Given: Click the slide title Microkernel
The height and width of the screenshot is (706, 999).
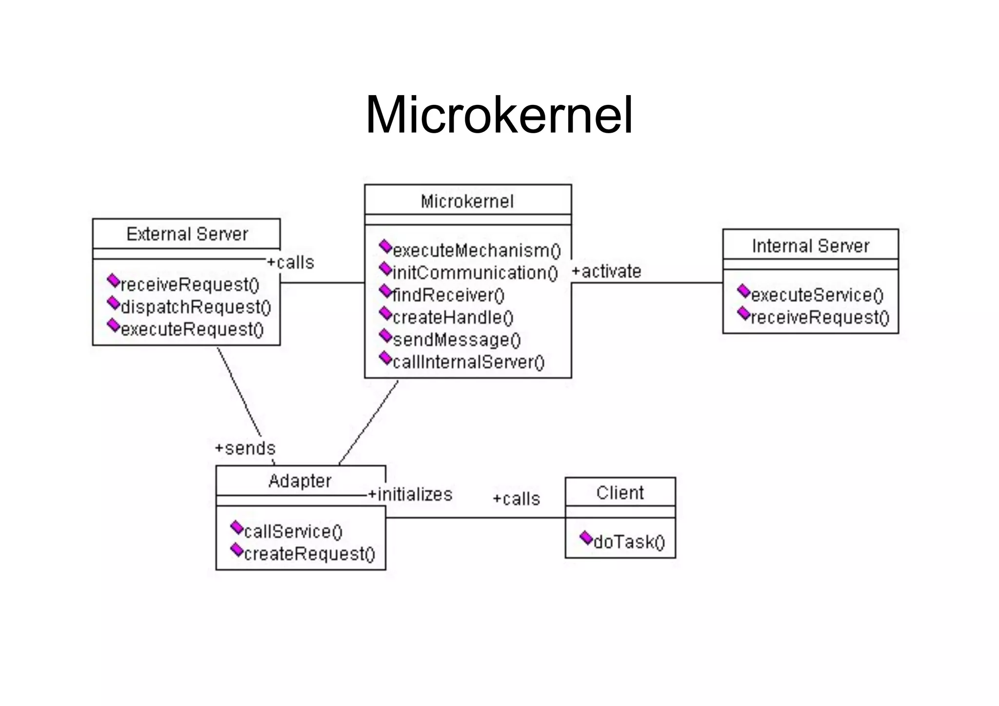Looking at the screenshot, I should click(499, 116).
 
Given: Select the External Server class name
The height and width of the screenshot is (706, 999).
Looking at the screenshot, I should click(187, 234).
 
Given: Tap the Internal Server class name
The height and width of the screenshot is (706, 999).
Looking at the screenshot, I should click(810, 246).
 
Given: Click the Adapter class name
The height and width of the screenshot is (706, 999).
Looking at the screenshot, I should click(300, 481).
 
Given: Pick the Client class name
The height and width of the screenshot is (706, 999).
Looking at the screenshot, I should click(619, 493).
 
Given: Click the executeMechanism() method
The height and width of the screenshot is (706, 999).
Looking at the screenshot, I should click(476, 251).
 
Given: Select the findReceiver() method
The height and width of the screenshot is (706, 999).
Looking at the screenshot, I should click(448, 295).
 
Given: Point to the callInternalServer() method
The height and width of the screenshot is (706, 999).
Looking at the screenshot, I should click(468, 362).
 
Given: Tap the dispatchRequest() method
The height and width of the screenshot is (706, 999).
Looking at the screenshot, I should click(195, 307).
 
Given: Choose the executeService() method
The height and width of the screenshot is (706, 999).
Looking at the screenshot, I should click(817, 295).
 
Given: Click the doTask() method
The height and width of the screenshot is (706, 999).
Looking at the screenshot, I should click(629, 542).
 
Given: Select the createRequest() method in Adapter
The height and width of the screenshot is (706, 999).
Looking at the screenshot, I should click(309, 554).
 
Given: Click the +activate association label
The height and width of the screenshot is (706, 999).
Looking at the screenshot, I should click(606, 271).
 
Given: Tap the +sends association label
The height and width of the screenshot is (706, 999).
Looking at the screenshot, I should click(245, 448).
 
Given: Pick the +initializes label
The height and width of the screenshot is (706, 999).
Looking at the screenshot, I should click(410, 494).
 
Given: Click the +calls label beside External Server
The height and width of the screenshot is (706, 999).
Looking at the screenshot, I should click(291, 262).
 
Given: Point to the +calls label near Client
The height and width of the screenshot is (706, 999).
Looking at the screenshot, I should click(516, 499).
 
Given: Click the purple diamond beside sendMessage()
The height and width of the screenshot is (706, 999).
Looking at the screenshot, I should click(385, 336).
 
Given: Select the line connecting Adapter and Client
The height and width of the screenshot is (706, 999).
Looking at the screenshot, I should click(476, 518).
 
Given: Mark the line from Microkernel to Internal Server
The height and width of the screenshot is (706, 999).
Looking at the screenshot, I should click(646, 282).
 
